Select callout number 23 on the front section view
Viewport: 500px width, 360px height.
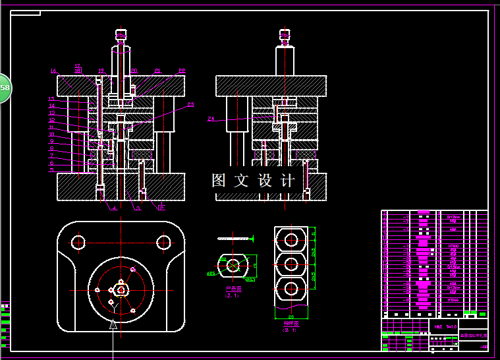(x=190, y=104)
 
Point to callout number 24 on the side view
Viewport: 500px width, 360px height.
(x=211, y=119)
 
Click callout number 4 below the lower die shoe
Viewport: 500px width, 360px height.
(x=114, y=208)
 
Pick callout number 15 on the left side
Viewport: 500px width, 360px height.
(x=51, y=99)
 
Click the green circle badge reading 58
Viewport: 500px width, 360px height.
(x=5, y=87)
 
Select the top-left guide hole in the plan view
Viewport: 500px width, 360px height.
(x=79, y=242)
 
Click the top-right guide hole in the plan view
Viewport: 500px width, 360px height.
(x=163, y=242)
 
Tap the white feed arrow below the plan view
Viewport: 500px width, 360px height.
(x=113, y=324)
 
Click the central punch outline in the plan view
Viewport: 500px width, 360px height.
(x=121, y=289)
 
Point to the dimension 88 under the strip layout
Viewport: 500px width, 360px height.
(x=291, y=317)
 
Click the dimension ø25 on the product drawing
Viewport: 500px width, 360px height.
(x=211, y=272)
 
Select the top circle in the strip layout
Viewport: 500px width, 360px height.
(x=291, y=239)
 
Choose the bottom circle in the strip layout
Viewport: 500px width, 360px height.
(x=291, y=287)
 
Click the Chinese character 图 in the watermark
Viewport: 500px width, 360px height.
(x=219, y=181)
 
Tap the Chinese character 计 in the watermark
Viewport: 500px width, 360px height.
(x=288, y=181)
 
